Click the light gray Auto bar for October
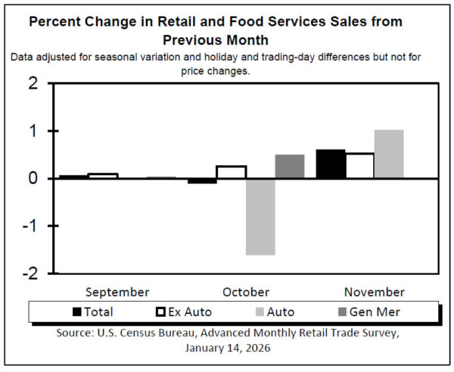click(260, 217)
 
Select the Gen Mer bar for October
click(289, 167)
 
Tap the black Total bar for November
click(331, 164)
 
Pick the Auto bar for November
click(389, 155)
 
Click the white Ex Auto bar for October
click(231, 172)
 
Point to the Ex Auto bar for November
click(359, 166)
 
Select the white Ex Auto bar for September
click(103, 176)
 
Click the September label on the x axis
click(117, 292)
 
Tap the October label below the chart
click(246, 292)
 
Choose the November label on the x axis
click(374, 292)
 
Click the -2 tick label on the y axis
click(30, 273)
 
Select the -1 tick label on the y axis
click(30, 226)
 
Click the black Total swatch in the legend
click(77, 311)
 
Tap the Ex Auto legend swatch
click(160, 311)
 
